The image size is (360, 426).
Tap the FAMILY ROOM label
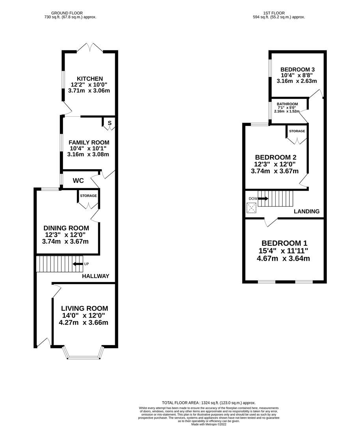pyautogui.click(x=89, y=142)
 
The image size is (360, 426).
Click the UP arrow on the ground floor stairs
pyautogui.click(x=78, y=263)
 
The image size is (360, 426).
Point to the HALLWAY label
pyautogui.click(x=95, y=276)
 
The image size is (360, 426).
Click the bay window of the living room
pyautogui.click(x=83, y=354)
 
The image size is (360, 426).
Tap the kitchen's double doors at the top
pyautogui.click(x=90, y=47)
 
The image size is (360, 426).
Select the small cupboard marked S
pyautogui.click(x=110, y=123)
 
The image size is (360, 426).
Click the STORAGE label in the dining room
pyautogui.click(x=88, y=196)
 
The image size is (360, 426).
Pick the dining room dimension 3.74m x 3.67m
pyautogui.click(x=66, y=241)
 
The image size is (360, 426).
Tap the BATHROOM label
pyautogui.click(x=287, y=104)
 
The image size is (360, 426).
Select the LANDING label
pyautogui.click(x=307, y=211)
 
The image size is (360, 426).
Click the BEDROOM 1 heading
pyautogui.click(x=284, y=243)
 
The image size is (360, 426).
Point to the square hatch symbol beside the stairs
pyautogui.click(x=251, y=208)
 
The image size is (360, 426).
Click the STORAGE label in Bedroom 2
pyautogui.click(x=297, y=131)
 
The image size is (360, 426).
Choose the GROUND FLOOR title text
pyautogui.click(x=70, y=13)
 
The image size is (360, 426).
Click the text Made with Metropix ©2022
pyautogui.click(x=209, y=424)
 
